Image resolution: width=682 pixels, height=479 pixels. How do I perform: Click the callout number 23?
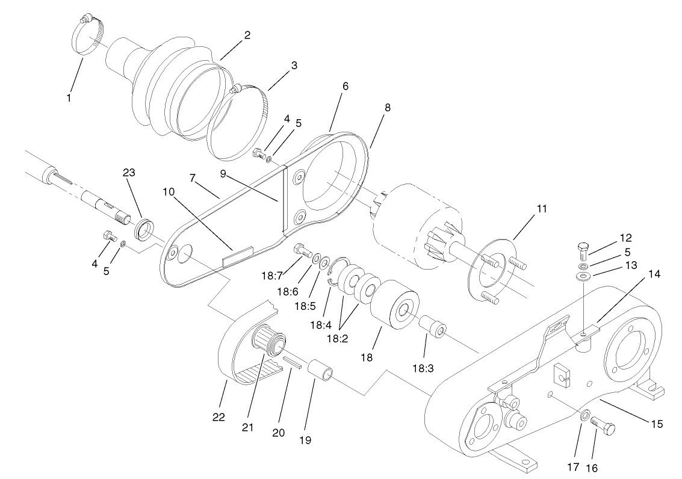129,172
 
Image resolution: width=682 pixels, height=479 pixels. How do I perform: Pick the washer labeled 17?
584,416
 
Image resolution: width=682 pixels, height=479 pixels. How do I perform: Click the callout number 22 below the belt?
219,417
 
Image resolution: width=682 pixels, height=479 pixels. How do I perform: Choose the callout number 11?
541,209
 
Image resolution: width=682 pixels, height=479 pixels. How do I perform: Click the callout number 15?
656,424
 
